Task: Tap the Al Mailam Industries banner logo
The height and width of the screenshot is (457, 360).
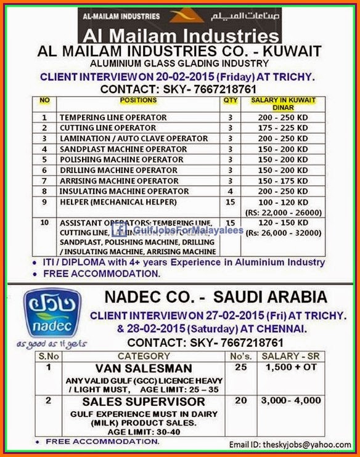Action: point(179,25)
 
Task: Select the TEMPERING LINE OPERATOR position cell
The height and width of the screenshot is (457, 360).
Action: point(113,117)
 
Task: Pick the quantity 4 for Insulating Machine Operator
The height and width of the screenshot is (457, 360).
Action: point(229,191)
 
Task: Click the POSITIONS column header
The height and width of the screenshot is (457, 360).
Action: point(138,100)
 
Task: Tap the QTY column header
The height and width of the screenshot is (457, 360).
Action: point(229,100)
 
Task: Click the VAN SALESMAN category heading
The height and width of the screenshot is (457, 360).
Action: point(144,368)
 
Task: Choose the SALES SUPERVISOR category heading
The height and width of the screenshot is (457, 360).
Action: point(144,402)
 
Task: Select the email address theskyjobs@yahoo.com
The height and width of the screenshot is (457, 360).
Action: point(301,445)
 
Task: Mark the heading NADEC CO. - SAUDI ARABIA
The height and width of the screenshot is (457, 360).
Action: point(216,297)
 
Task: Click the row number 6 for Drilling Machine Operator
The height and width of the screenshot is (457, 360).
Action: point(44,170)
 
